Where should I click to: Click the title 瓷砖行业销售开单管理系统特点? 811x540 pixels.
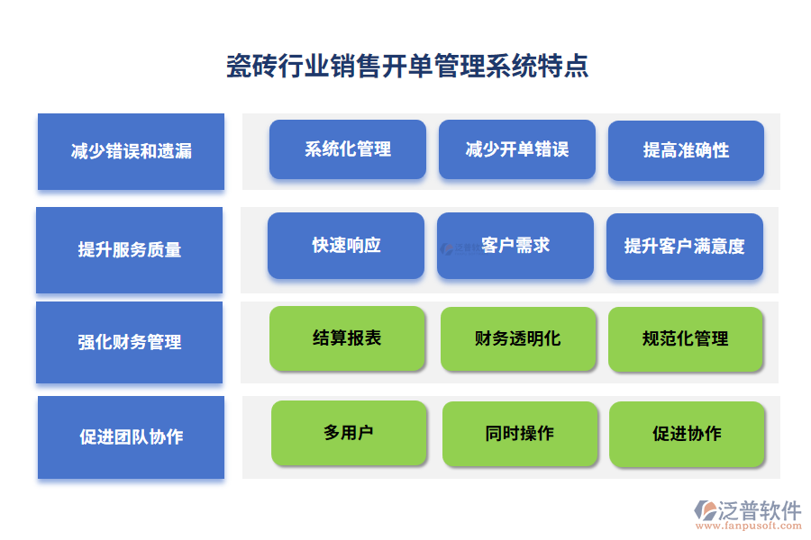(407, 67)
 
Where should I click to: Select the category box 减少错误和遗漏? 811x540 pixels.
(131, 151)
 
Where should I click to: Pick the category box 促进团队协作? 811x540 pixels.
(131, 436)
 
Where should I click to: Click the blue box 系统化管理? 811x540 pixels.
(348, 149)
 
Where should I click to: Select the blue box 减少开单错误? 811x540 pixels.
(517, 149)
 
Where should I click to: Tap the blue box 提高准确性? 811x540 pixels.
(686, 150)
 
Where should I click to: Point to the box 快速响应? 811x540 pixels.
(346, 246)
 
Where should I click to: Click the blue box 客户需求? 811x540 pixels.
(515, 246)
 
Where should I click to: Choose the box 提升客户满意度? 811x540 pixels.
(685, 247)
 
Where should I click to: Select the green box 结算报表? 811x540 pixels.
(347, 338)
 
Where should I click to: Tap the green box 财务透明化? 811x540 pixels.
(518, 339)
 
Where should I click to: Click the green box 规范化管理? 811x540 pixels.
(686, 339)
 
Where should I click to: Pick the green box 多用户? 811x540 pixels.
(349, 433)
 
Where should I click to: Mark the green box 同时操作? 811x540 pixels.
(520, 434)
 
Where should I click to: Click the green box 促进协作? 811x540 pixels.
(688, 434)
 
